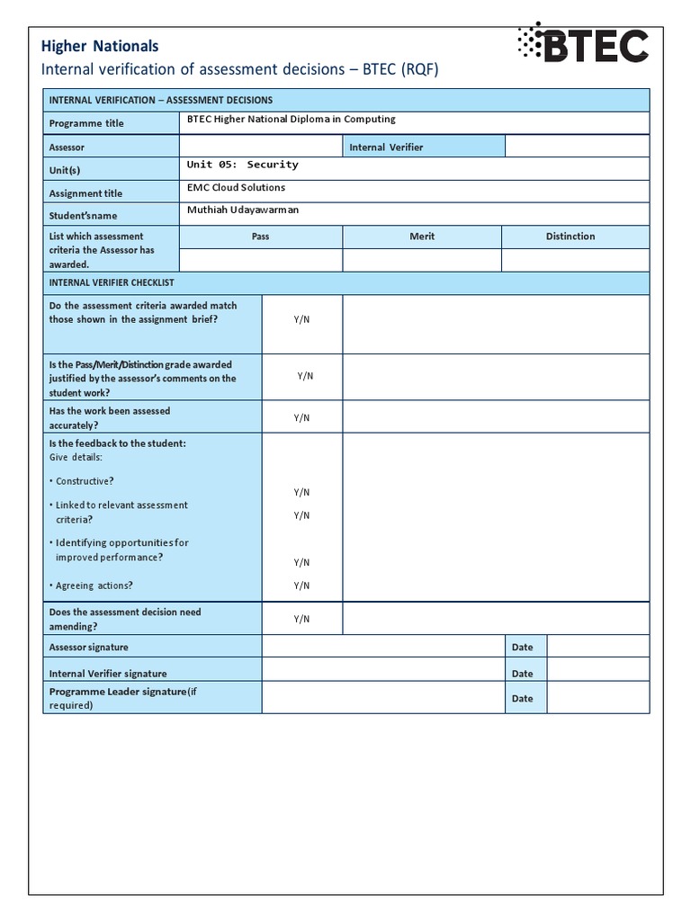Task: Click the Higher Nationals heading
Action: (100, 46)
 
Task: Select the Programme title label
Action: (86, 123)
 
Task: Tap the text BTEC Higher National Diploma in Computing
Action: (291, 119)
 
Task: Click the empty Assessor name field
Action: (260, 147)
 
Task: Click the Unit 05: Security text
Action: (242, 165)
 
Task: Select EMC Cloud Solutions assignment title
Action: (236, 188)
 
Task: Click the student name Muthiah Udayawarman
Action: (242, 210)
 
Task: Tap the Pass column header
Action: (260, 237)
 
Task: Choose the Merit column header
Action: (421, 237)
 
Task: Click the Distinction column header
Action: (570, 237)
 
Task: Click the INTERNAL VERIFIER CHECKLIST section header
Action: (112, 282)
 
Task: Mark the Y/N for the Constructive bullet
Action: (301, 492)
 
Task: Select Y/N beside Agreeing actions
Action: (301, 586)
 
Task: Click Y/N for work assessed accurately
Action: (301, 417)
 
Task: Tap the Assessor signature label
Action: (88, 648)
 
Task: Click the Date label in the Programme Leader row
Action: (522, 698)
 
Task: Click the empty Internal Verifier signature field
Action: (382, 673)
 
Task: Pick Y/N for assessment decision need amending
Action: (301, 619)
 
